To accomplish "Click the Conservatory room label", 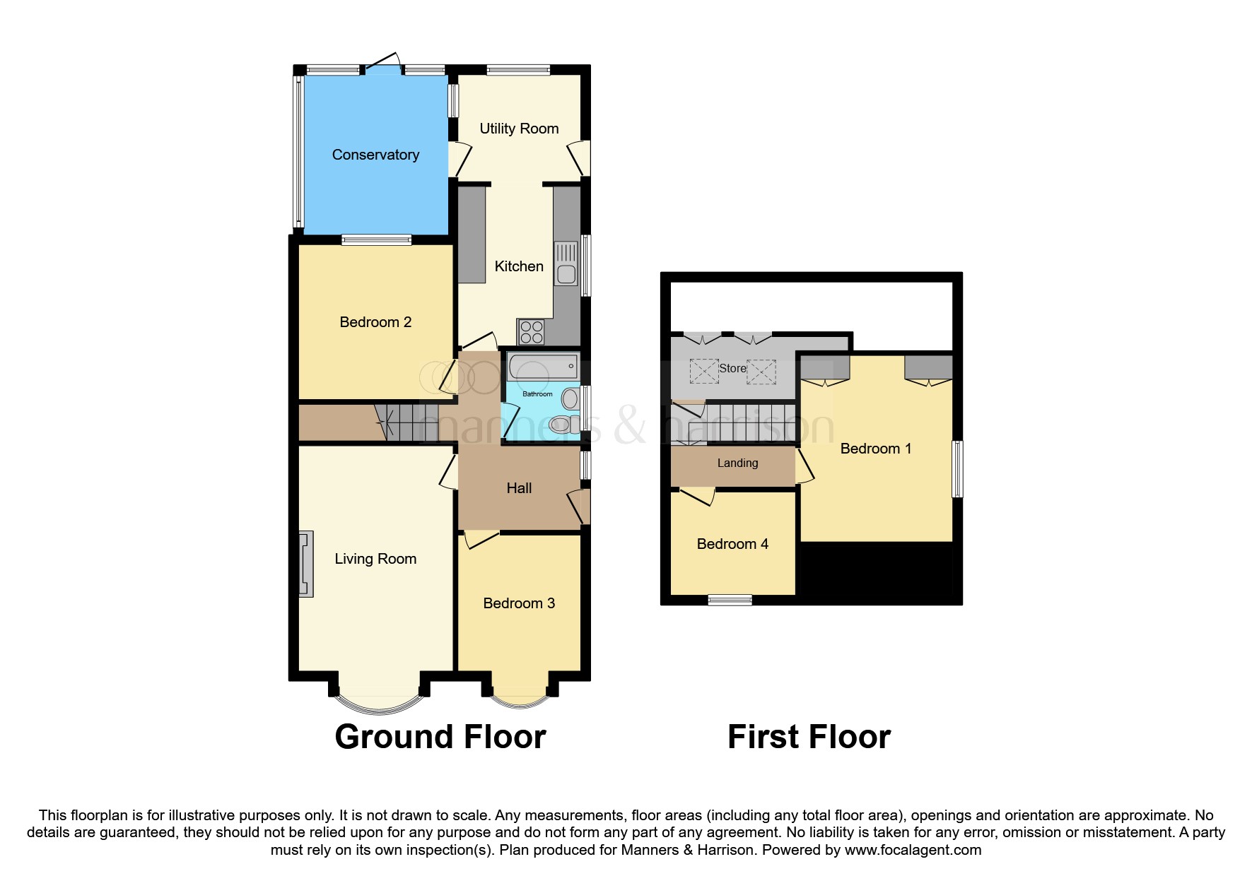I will [x=375, y=155].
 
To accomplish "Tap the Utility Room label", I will [x=519, y=129].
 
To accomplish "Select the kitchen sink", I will [x=566, y=263].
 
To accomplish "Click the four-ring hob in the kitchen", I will [x=531, y=332].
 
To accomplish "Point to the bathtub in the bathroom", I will [x=542, y=367].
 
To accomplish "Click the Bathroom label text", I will [x=537, y=394].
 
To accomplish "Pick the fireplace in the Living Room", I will [x=305, y=564].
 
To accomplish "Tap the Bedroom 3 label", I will [x=519, y=603].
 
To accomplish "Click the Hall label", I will [x=519, y=488].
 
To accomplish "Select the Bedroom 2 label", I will [x=375, y=322].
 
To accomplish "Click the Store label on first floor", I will [x=732, y=368].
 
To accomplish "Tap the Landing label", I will [x=737, y=463].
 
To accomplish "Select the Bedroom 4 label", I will [x=732, y=544].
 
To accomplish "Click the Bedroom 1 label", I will [x=876, y=449].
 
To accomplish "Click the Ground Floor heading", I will [x=440, y=737].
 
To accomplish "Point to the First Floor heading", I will [x=809, y=737].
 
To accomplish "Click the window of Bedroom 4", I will [x=730, y=600].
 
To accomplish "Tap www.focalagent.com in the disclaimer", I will [x=913, y=850].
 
